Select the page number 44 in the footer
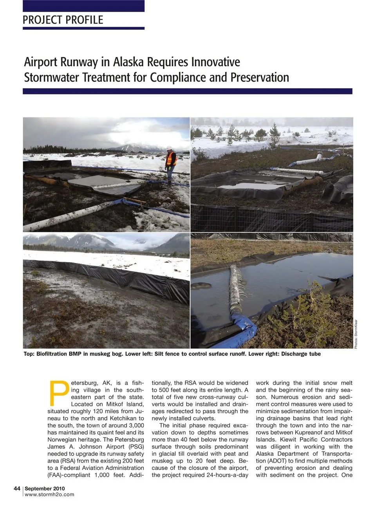coord(17,489)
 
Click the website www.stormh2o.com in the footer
coord(49,494)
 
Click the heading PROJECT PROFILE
coord(63,20)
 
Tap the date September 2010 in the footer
coord(45,489)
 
